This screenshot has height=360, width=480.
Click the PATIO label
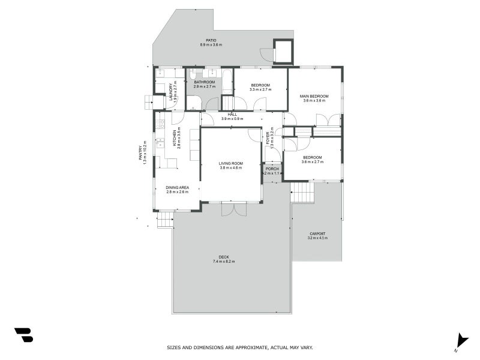point(211,40)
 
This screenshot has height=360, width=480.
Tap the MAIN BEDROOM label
point(314,96)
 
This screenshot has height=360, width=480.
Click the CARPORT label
point(317,233)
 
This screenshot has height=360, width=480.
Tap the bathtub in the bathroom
point(227,82)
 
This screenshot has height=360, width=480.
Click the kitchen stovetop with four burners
point(160,124)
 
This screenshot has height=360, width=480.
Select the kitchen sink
point(160,143)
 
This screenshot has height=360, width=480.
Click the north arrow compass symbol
point(461,340)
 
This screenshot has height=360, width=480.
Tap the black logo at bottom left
point(23,335)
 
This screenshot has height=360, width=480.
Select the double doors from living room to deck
point(233,208)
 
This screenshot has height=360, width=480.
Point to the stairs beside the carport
point(302,193)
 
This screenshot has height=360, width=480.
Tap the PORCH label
point(272,169)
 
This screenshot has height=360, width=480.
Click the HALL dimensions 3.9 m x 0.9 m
point(232,119)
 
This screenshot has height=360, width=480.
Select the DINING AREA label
point(177,188)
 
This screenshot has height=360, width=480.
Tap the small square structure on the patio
point(283,52)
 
